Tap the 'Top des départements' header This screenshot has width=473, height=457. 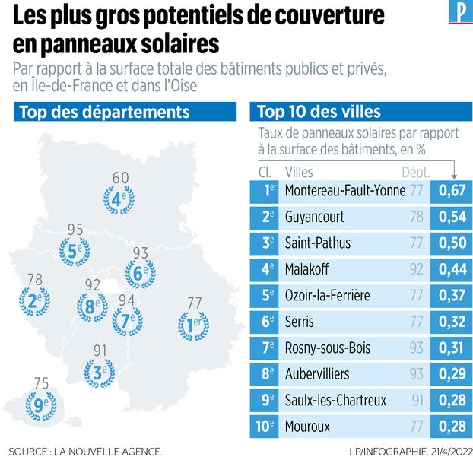point(104,113)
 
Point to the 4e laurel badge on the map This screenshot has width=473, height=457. point(119,198)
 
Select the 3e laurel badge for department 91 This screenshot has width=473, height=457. point(98,373)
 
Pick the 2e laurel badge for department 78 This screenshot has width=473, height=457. point(34,300)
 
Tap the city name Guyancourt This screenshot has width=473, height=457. point(313,217)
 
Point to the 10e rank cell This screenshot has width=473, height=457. point(265,426)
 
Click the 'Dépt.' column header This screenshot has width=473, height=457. point(416,172)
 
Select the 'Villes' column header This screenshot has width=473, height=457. point(298,172)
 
